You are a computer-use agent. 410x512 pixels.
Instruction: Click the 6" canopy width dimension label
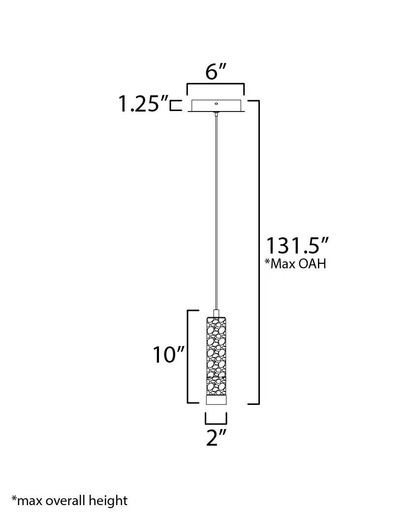(216, 72)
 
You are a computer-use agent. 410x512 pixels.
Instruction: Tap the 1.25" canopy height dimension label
(143, 104)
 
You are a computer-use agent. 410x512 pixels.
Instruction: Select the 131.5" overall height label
(297, 246)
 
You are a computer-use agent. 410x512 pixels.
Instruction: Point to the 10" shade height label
(169, 355)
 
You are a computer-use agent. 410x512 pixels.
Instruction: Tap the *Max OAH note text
(295, 263)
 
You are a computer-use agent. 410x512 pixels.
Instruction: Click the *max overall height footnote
(70, 500)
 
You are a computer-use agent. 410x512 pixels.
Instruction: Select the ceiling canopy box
(216, 106)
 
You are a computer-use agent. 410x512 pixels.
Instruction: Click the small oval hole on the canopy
(216, 104)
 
